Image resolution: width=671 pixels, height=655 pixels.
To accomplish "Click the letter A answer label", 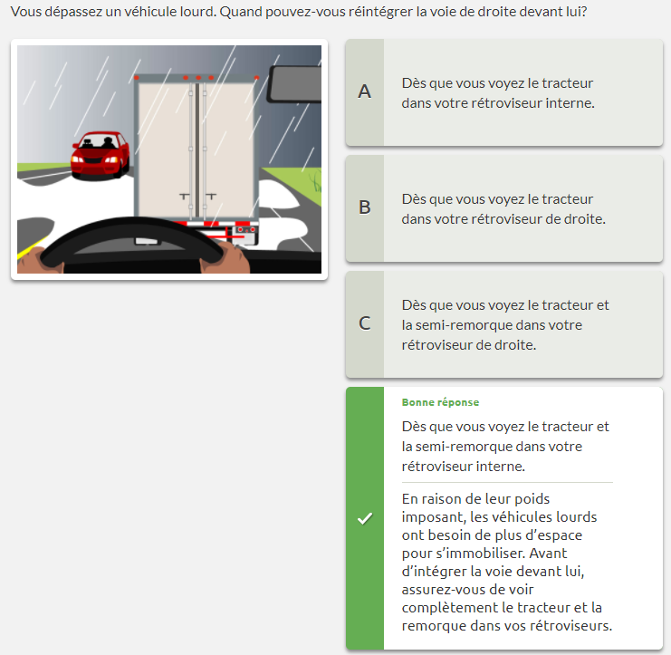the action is pos(364,92).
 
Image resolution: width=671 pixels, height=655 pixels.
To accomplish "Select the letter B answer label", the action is pos(364,207).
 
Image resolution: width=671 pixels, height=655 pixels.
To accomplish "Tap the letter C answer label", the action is pos(364,323).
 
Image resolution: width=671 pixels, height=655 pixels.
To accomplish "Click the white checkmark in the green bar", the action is pos(365,518).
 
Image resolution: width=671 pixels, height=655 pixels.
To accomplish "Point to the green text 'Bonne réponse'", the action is pos(440,402).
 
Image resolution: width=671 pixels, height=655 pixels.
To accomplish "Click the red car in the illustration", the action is pos(101,155).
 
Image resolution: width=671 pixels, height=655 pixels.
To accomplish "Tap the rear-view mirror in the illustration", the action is pos(294,84).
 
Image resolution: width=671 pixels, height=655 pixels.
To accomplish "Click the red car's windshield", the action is pos(101,141).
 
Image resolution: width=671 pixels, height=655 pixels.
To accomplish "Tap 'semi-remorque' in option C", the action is pos(464,325).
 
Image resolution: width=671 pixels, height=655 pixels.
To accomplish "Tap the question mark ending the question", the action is pos(584,12).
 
